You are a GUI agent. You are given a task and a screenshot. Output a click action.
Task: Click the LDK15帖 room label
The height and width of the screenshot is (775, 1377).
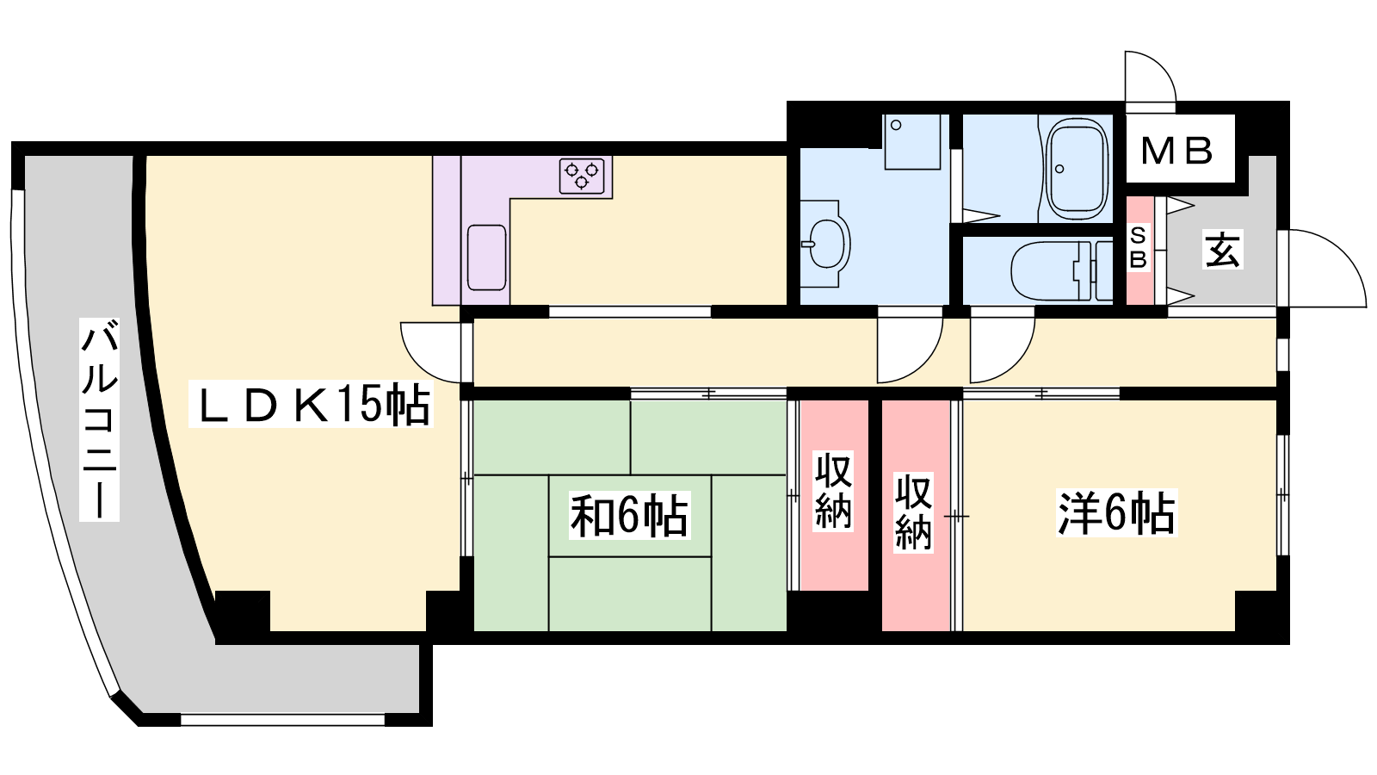pyautogui.click(x=311, y=404)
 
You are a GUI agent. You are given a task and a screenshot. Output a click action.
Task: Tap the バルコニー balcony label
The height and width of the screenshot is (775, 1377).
pyautogui.click(x=99, y=419)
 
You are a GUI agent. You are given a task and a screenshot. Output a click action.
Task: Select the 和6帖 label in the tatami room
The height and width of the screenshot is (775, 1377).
pyautogui.click(x=629, y=516)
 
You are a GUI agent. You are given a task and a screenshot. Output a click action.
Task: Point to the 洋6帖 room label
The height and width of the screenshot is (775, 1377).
pyautogui.click(x=1116, y=513)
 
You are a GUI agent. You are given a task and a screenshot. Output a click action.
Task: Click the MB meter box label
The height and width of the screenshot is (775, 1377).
pyautogui.click(x=1177, y=151)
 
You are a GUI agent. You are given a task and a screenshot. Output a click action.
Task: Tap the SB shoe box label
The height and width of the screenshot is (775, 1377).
pyautogui.click(x=1138, y=248)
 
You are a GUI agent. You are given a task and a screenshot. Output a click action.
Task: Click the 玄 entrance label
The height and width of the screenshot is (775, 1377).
pyautogui.click(x=1223, y=250)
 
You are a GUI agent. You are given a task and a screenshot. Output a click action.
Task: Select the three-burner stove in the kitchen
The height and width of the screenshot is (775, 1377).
pyautogui.click(x=582, y=176)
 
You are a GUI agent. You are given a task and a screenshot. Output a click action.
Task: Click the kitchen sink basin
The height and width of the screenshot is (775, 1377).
pyautogui.click(x=487, y=257)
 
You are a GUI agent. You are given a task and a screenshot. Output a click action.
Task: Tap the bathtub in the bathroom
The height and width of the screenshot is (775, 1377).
pyautogui.click(x=1077, y=169)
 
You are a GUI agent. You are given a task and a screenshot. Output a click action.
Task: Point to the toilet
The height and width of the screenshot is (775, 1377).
pyautogui.click(x=1062, y=270)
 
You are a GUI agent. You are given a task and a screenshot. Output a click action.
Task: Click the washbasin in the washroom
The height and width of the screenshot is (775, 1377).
pyautogui.click(x=825, y=244)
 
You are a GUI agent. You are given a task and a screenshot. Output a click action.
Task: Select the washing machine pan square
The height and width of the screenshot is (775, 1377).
pyautogui.click(x=912, y=142)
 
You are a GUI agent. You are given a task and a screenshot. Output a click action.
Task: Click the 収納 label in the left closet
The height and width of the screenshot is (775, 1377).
pyautogui.click(x=833, y=491)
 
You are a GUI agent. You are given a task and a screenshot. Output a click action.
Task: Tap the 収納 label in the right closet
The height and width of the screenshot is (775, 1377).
pyautogui.click(x=913, y=512)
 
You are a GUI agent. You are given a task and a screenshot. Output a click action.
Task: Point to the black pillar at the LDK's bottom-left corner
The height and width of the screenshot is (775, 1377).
pyautogui.click(x=242, y=611)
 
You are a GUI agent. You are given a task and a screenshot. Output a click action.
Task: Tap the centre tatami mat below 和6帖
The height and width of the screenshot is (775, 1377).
pyautogui.click(x=630, y=593)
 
